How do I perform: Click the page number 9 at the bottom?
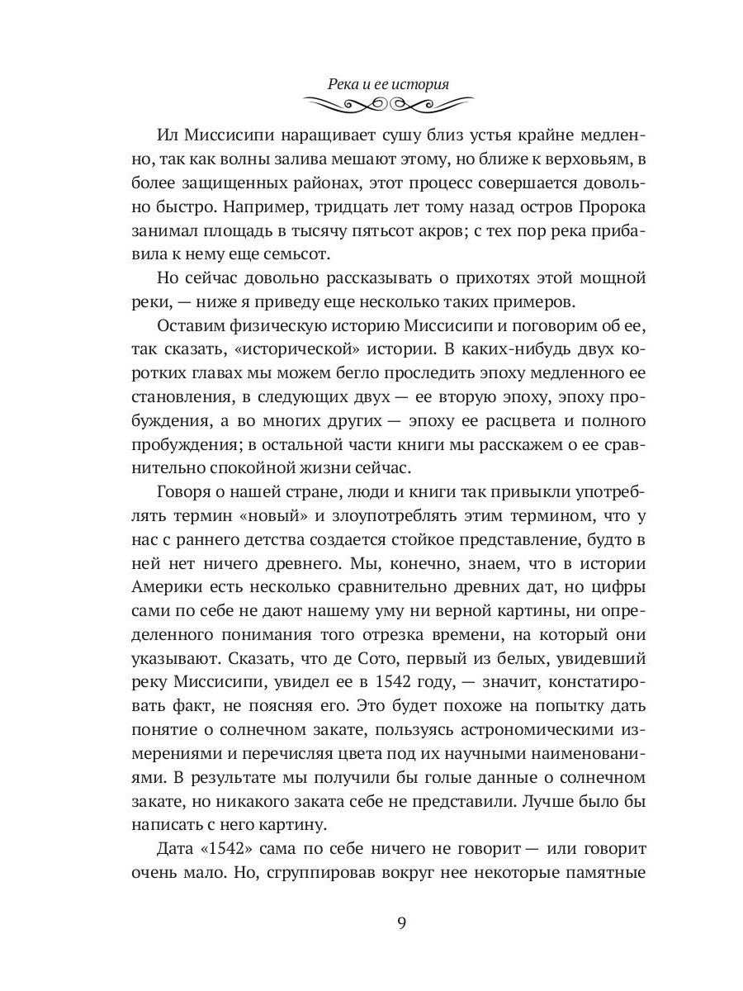(x=400, y=923)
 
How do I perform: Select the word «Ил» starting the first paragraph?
(x=166, y=135)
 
